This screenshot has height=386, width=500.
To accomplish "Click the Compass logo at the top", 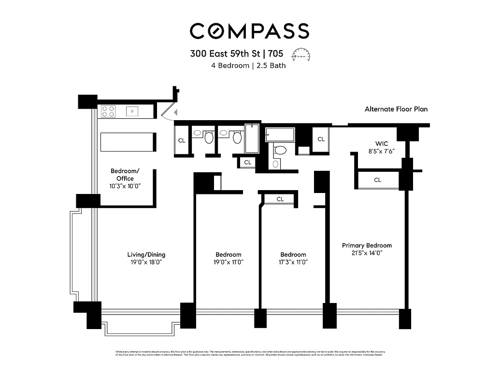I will (249, 31).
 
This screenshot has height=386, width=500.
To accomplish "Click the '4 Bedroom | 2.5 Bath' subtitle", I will (248, 66).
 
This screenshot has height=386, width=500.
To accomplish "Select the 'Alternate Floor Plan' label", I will (396, 109).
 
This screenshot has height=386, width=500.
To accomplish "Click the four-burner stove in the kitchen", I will (108, 111).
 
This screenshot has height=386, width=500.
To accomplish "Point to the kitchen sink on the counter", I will (132, 111).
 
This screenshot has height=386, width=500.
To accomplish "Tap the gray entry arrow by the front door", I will (175, 112).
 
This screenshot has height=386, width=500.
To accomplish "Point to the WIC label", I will (382, 143).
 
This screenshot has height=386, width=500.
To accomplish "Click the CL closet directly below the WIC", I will (377, 180).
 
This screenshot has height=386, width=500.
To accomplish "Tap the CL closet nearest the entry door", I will (181, 140).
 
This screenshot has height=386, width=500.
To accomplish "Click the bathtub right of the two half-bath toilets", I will (252, 138).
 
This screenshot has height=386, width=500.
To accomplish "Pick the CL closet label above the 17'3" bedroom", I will (280, 199).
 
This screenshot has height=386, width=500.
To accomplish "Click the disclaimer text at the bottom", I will (249, 353).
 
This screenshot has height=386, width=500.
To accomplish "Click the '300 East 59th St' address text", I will (223, 54).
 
